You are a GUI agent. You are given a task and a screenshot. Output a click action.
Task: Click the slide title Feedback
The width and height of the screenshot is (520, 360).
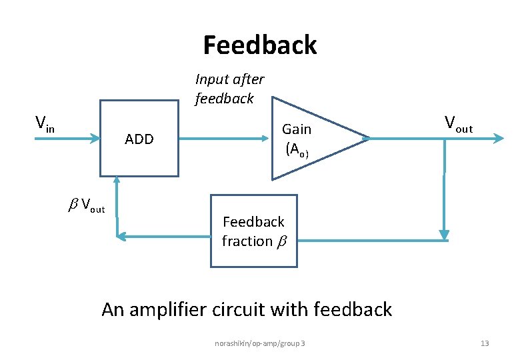point(260,45)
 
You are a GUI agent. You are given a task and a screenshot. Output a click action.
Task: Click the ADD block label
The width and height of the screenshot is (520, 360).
point(139,139)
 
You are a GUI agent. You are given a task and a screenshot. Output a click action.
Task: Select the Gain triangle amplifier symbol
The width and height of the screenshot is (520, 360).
point(313,139)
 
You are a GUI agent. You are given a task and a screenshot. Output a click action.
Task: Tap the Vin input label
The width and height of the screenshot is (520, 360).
point(45,123)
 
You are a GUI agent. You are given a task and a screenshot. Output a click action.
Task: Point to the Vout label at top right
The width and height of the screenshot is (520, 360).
point(459,123)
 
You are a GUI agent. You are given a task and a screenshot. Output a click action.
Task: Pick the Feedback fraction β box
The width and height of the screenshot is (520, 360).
point(254,231)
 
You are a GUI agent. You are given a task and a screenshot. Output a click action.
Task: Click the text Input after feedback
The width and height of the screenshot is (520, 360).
point(229,89)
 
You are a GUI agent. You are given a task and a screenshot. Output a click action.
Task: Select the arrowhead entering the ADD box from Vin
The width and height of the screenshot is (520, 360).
point(94,139)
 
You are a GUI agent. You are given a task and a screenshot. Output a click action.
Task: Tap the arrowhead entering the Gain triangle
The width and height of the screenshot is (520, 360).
point(266,139)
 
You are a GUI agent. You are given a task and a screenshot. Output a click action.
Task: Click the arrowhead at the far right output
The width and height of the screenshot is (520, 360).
point(499,138)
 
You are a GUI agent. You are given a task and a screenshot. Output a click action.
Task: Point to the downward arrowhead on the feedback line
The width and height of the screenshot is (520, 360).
point(444,235)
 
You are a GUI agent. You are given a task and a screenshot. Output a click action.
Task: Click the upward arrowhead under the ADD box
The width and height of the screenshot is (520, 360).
point(117,180)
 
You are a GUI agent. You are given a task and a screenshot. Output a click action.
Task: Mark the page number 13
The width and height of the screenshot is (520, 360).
point(485,343)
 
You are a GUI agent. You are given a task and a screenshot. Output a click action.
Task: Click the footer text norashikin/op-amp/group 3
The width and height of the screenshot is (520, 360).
point(260,343)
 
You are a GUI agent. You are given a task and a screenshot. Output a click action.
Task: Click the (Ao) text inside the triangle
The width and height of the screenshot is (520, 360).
point(297,150)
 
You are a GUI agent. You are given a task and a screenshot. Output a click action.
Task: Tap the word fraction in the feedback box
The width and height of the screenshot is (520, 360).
point(247,241)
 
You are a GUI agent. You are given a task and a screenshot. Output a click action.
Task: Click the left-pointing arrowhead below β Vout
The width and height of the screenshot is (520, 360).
point(121,235)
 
